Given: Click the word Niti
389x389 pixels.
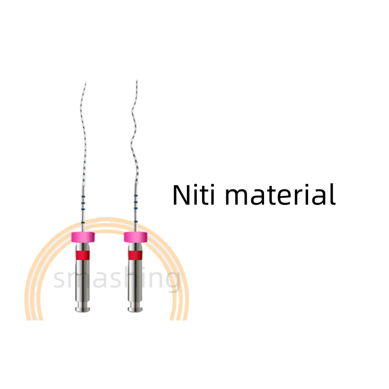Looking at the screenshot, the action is pos(193,195).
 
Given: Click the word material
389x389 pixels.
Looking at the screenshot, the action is pos(280,195).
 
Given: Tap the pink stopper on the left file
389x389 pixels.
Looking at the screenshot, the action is pos(83,237).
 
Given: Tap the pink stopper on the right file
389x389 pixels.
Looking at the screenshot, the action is pos(135,237).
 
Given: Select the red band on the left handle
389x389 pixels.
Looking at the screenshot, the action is pos(82,255).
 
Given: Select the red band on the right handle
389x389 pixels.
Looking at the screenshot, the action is pos(135,255).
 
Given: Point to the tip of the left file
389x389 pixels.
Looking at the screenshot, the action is pos(86,82).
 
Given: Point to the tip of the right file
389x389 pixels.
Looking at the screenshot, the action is pos(137,80).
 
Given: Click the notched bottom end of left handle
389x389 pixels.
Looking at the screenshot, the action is pos(82,307).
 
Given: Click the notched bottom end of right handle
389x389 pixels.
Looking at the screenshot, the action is pos(135,307).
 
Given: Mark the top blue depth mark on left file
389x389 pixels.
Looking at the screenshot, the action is pos(83,197).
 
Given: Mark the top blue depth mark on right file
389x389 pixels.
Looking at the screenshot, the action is pos(136,196).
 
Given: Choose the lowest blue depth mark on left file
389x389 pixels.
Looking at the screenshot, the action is pos(83,222).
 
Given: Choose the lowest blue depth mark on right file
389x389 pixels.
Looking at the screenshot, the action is pos(136,221).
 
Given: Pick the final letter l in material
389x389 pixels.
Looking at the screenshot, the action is pos(334,194).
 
